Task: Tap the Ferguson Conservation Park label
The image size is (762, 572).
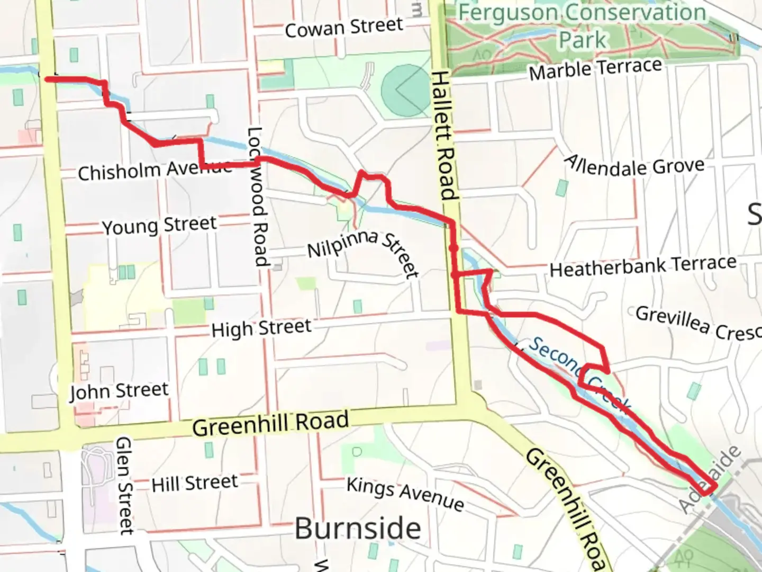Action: point(582,25)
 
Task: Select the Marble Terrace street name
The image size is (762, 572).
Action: point(595,69)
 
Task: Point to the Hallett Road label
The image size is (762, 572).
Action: point(443,136)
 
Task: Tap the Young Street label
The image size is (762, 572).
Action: point(159,226)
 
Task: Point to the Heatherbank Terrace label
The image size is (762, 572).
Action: point(643,266)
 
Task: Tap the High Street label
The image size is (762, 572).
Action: point(261,328)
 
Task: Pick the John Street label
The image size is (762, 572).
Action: point(119,391)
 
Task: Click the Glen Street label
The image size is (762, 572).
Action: point(124,485)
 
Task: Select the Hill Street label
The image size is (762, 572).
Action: point(195,484)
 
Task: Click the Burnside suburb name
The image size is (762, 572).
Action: point(358,529)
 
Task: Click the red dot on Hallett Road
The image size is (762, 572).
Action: point(453,248)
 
